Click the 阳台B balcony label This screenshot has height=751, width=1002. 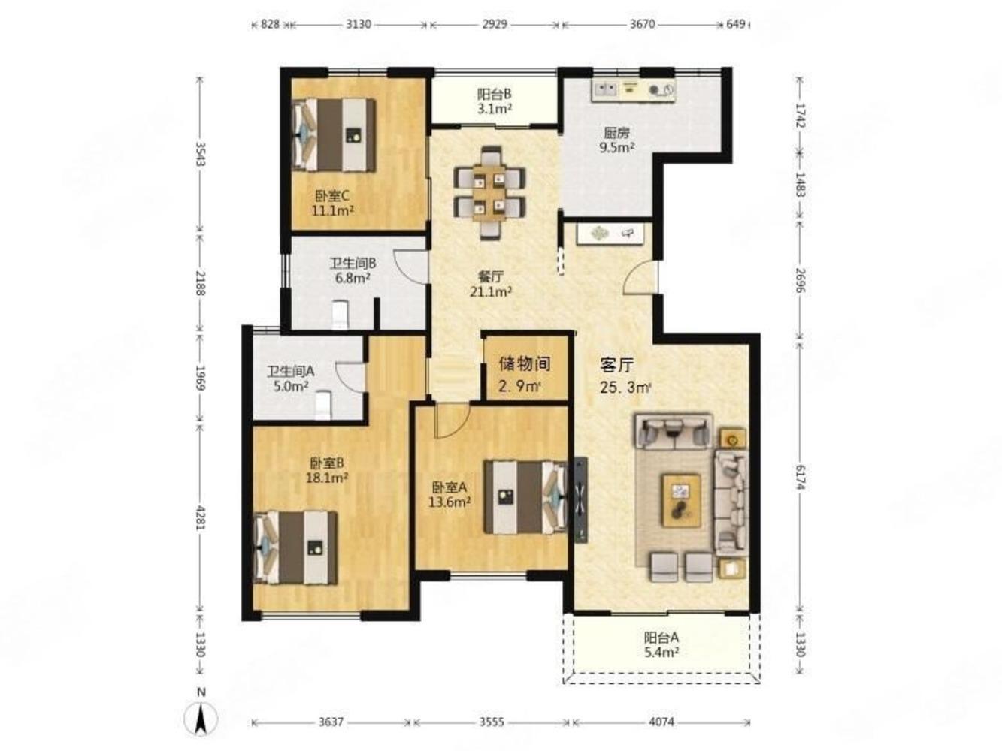pyautogui.click(x=495, y=95)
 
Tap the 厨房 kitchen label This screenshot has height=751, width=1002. pyautogui.click(x=616, y=133)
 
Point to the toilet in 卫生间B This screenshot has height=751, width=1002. pyautogui.click(x=341, y=314)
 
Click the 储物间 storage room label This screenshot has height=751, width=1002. pyautogui.click(x=525, y=364)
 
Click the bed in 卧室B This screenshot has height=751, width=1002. pyautogui.click(x=296, y=548)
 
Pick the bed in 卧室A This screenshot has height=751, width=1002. pyautogui.click(x=525, y=497)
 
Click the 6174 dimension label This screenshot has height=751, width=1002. pyautogui.click(x=799, y=475)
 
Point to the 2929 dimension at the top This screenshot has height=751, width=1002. pyautogui.click(x=495, y=24)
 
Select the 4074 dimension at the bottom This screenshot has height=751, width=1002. pyautogui.click(x=662, y=722)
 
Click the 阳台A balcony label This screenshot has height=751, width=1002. pyautogui.click(x=661, y=637)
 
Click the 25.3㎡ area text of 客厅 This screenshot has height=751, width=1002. pyautogui.click(x=625, y=388)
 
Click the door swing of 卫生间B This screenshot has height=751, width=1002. pyautogui.click(x=410, y=267)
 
